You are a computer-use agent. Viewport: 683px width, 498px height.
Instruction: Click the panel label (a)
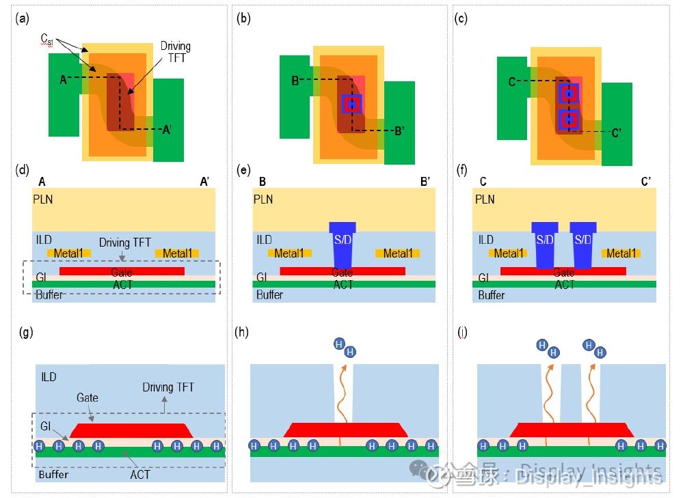click(23, 18)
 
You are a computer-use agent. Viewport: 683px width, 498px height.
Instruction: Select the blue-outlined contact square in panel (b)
click(351, 104)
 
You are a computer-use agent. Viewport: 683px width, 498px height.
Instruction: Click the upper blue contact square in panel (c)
click(569, 93)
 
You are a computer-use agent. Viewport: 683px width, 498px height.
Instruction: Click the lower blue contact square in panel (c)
click(569, 120)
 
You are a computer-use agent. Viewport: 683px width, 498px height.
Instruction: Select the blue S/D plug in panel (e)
click(343, 244)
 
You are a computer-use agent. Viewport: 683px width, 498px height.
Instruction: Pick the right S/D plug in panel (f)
click(582, 244)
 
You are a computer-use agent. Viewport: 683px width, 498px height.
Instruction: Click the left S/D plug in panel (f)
click(545, 244)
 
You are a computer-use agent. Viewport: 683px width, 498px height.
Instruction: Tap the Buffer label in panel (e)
click(269, 295)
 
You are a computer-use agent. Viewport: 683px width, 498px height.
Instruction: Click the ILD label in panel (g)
click(49, 376)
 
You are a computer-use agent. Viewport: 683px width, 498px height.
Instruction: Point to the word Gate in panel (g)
click(88, 398)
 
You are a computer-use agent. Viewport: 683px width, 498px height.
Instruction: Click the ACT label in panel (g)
click(139, 474)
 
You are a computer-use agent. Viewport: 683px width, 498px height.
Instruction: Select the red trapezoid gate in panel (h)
click(345, 430)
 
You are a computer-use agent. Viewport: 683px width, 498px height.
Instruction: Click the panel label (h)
click(241, 333)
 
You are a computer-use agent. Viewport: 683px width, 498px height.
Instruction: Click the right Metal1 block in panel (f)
click(620, 253)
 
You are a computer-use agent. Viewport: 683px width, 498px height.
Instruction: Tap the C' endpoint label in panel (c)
click(616, 133)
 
